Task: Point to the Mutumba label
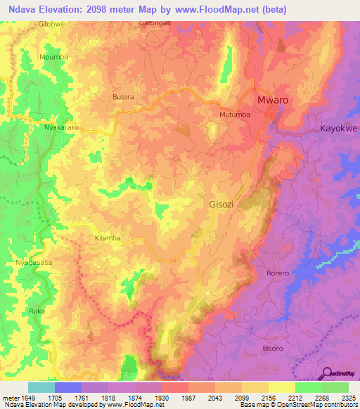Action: tap(235, 115)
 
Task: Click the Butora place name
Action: tap(123, 97)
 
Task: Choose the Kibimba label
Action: tap(108, 238)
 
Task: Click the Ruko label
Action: tap(36, 310)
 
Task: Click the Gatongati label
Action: tap(155, 23)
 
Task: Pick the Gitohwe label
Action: tap(52, 23)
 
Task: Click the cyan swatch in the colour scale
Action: tap(41, 387)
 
